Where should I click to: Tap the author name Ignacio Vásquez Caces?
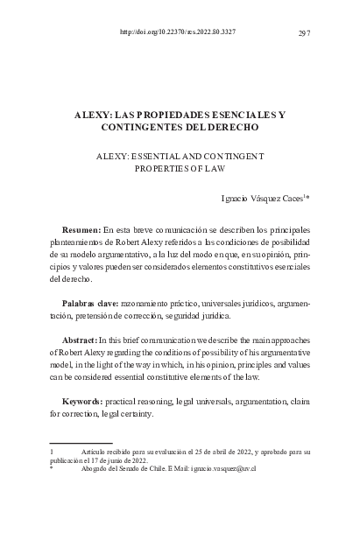(260, 200)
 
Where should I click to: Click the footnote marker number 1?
(52, 452)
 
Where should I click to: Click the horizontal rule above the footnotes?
(81, 443)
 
